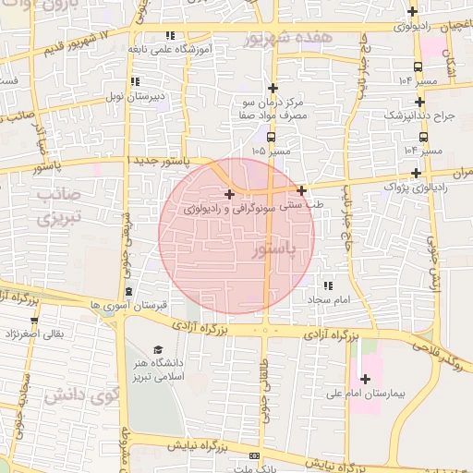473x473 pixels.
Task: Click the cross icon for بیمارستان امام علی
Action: (x=365, y=379)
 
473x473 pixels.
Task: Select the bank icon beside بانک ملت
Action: (x=255, y=456)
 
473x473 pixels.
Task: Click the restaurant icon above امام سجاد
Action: (x=327, y=285)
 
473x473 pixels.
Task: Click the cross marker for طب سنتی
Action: (x=301, y=190)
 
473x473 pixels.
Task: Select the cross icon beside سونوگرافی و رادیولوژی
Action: (x=229, y=194)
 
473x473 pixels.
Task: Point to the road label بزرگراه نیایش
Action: (x=196, y=446)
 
